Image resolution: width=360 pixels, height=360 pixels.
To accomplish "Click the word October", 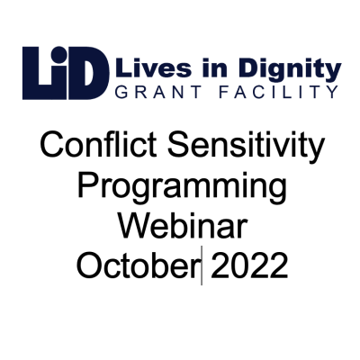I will pyautogui.click(x=137, y=267).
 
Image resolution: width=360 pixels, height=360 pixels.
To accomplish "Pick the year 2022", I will pyautogui.click(x=247, y=267).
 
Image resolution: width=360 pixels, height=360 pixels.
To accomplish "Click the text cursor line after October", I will pyautogui.click(x=202, y=267).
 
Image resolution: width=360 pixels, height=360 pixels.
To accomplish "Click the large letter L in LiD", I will pyautogui.click(x=36, y=73).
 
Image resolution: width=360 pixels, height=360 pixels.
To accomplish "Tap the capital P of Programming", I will pyautogui.click(x=87, y=189).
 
